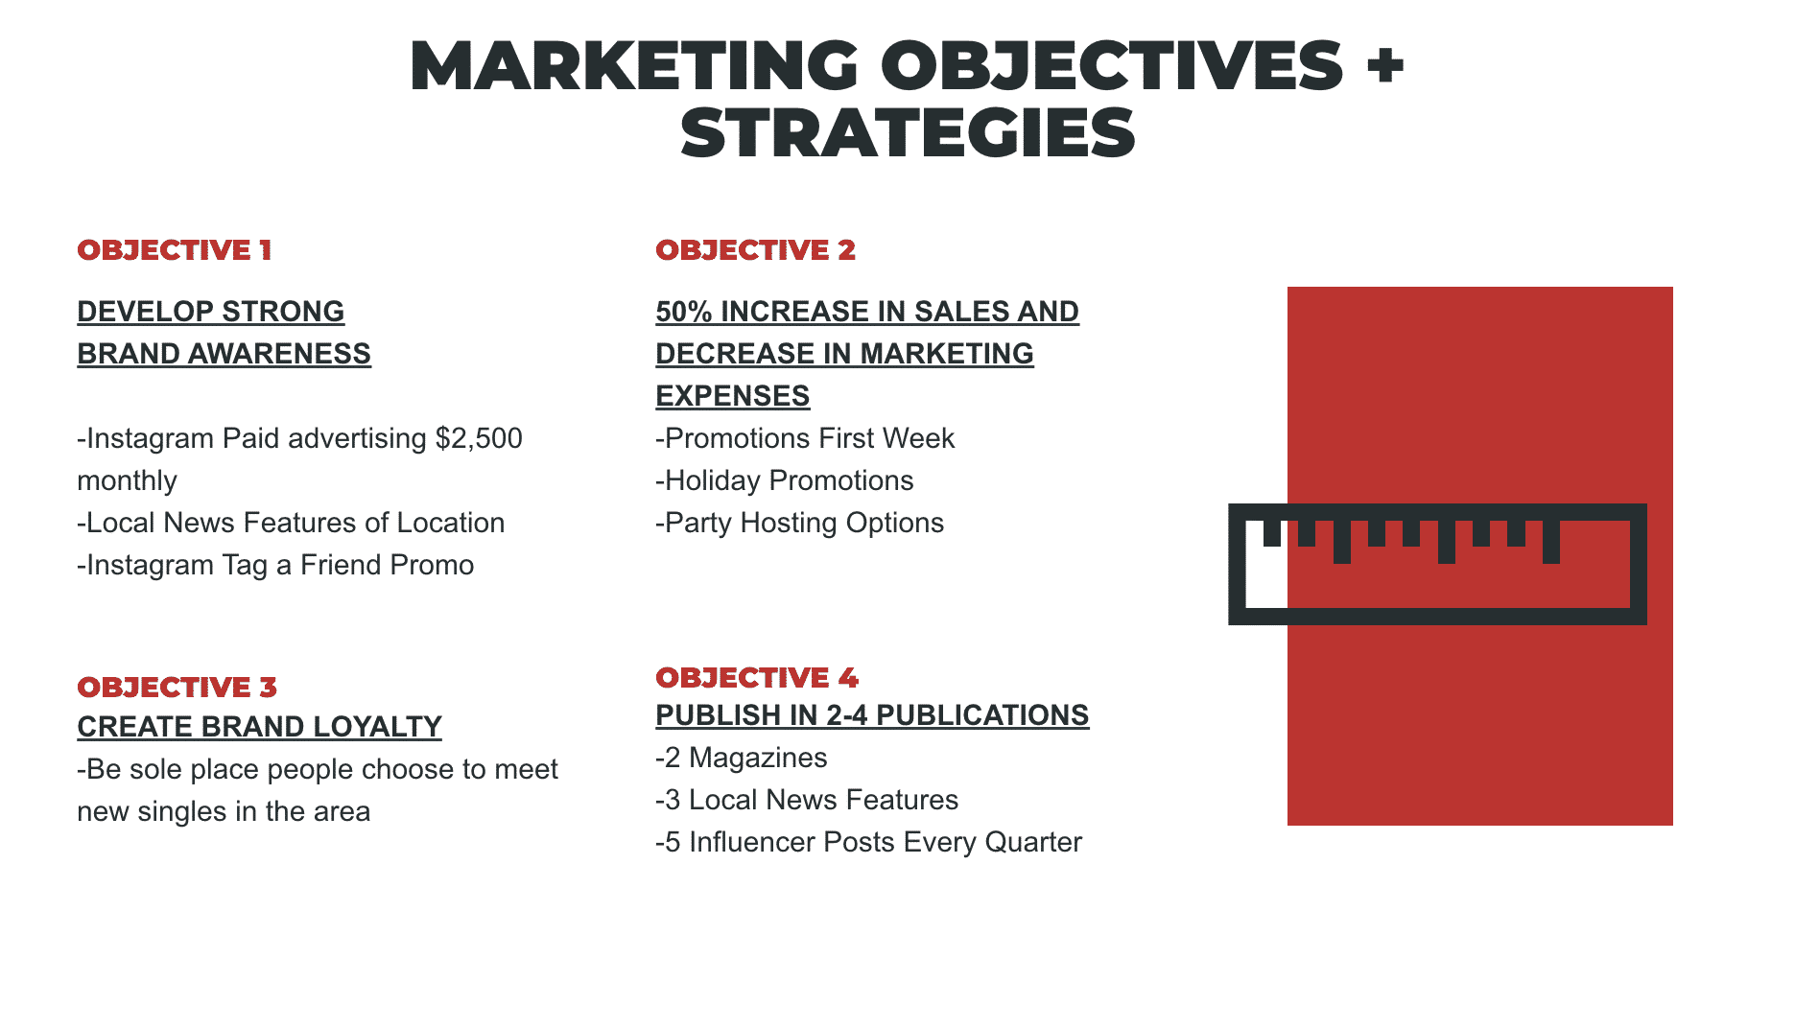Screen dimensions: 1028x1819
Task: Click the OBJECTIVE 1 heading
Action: coord(175,250)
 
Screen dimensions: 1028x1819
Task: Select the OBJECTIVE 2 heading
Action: coord(755,250)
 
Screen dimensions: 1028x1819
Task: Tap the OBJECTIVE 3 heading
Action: coord(177,688)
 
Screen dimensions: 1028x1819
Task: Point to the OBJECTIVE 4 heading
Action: coord(757,678)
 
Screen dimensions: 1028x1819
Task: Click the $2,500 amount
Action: coord(479,438)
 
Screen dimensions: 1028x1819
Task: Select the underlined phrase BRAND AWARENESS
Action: coord(224,354)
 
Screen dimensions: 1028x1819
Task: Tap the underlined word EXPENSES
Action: coord(732,396)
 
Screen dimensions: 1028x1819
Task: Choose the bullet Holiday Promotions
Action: coord(784,480)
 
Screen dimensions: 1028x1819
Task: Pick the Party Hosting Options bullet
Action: coord(799,523)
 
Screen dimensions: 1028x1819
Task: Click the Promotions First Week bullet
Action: coord(804,438)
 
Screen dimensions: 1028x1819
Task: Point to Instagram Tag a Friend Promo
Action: coord(275,565)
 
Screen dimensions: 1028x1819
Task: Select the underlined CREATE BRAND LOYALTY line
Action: coord(259,727)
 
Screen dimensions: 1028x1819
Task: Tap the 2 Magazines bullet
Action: coord(741,758)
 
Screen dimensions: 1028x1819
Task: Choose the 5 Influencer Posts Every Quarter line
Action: coord(868,842)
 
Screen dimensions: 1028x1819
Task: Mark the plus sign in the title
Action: coord(1385,65)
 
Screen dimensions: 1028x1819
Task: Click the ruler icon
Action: coord(1437,564)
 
